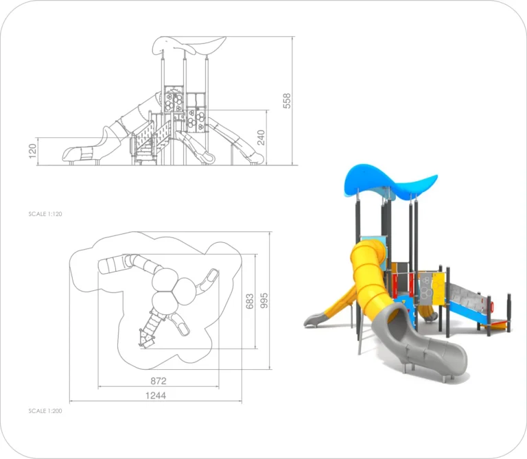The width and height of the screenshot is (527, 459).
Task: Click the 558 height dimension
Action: pos(287,101)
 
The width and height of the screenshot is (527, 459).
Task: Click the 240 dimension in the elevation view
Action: pos(261,137)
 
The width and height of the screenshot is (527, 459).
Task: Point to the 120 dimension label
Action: pos(32,151)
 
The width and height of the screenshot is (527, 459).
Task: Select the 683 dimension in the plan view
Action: pos(249,301)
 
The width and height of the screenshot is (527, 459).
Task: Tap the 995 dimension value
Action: pos(264,301)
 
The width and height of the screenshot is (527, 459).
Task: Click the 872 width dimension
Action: pos(159,381)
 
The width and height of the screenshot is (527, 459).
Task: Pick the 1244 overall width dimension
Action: pos(156,395)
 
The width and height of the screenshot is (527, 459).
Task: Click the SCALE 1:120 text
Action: pos(45,214)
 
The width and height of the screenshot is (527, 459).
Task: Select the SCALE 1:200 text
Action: pos(45,411)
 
